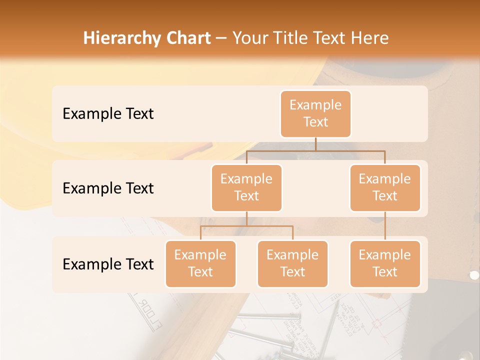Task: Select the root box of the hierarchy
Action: (x=315, y=114)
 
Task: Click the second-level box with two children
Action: (x=246, y=188)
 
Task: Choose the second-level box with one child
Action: (x=385, y=188)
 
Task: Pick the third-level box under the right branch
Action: (x=385, y=264)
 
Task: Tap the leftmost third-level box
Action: (x=200, y=264)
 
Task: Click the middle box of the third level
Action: (x=292, y=264)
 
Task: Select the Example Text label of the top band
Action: (x=108, y=114)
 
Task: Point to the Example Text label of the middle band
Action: (x=108, y=188)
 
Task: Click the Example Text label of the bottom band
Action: (x=108, y=264)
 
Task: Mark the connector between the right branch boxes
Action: (x=385, y=226)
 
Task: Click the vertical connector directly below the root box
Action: (x=315, y=144)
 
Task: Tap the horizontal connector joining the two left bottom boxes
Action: (x=246, y=226)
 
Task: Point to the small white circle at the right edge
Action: (x=474, y=274)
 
